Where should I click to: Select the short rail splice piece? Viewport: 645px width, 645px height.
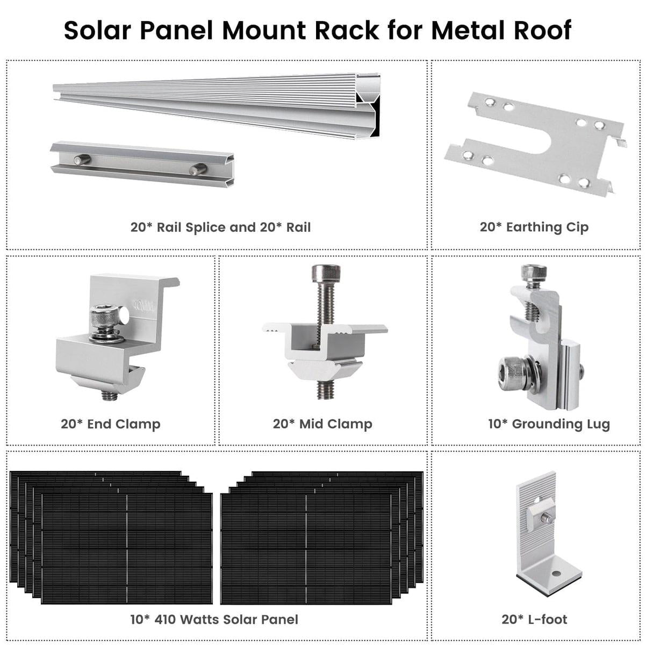(x=142, y=163)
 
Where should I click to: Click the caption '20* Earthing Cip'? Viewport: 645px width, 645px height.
(x=534, y=227)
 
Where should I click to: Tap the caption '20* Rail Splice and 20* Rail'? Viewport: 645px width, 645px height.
(x=220, y=227)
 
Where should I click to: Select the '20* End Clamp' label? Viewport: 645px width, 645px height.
(x=110, y=424)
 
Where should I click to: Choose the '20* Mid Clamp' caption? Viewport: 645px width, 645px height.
(x=322, y=424)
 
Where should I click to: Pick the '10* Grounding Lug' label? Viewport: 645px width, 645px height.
(x=549, y=424)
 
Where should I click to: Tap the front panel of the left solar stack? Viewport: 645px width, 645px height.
(x=127, y=548)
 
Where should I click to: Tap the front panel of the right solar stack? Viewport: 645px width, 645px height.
(x=306, y=548)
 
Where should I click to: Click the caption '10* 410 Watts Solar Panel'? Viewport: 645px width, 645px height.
(x=214, y=619)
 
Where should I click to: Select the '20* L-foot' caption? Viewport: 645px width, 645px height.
(x=534, y=619)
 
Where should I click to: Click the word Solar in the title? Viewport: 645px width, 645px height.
(x=97, y=30)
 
